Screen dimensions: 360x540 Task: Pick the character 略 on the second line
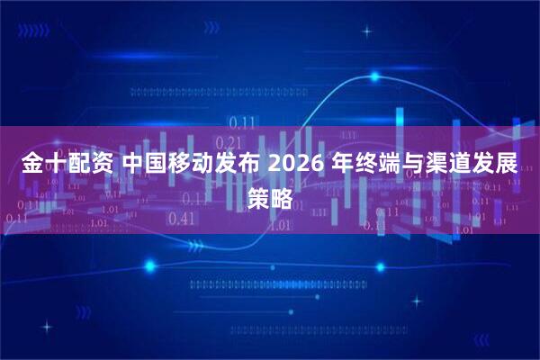(282, 199)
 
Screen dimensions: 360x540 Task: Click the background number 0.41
(181, 218)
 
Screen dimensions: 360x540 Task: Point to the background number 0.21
(230, 142)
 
